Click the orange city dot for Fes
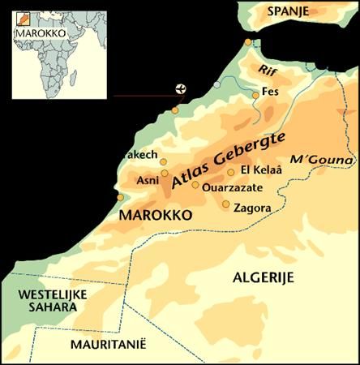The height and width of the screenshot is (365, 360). tap(255, 95)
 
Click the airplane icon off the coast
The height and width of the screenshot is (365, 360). tap(180, 89)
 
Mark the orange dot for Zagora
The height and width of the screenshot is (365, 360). tap(225, 204)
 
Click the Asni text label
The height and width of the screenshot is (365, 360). tap(148, 180)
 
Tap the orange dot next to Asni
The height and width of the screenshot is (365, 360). tap(165, 173)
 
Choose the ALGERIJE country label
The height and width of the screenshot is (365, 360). tap(263, 277)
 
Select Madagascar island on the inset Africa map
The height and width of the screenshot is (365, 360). tap(75, 77)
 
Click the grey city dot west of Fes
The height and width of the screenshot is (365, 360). tap(216, 84)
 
